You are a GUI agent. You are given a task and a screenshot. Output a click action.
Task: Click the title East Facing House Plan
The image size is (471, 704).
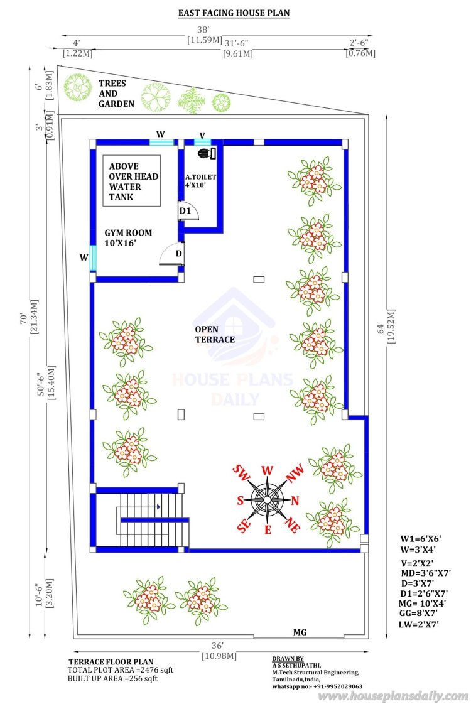pos(234,13)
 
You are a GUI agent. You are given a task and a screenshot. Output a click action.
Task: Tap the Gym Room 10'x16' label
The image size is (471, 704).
pos(128,238)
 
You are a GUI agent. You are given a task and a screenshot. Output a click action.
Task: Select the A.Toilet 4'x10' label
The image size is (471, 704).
pos(200,180)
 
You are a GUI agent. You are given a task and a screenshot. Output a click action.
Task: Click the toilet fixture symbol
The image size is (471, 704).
pos(207,153)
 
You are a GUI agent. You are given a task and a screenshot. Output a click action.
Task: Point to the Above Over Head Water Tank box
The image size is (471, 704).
pos(131,181)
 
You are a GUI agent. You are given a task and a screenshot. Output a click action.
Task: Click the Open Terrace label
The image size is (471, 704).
pos(215,335)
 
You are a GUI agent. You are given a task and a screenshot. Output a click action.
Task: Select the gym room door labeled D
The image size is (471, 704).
pos(171,254)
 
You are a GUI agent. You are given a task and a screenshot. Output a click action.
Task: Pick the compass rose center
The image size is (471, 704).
pos(268,499)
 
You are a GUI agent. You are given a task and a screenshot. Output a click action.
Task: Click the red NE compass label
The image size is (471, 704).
pos(292,525)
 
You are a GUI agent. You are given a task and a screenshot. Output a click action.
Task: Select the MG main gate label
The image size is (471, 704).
pos(300,632)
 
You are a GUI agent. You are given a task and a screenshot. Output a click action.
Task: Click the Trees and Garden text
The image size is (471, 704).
pos(116,94)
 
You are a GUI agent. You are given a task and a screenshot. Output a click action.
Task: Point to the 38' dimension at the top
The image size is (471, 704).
pos(203,30)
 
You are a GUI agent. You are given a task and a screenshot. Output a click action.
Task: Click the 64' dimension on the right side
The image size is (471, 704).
pos(381,328)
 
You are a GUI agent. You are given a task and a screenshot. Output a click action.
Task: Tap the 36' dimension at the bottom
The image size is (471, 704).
pos(217,646)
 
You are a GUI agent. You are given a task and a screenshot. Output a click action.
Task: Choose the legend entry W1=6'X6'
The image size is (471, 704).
pos(420,539)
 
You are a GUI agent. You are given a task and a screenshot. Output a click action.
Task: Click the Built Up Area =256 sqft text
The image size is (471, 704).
pos(112,678)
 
